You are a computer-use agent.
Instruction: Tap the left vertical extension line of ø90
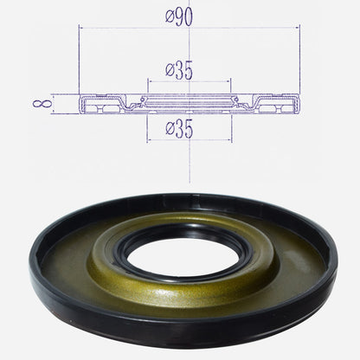(x=80, y=61)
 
